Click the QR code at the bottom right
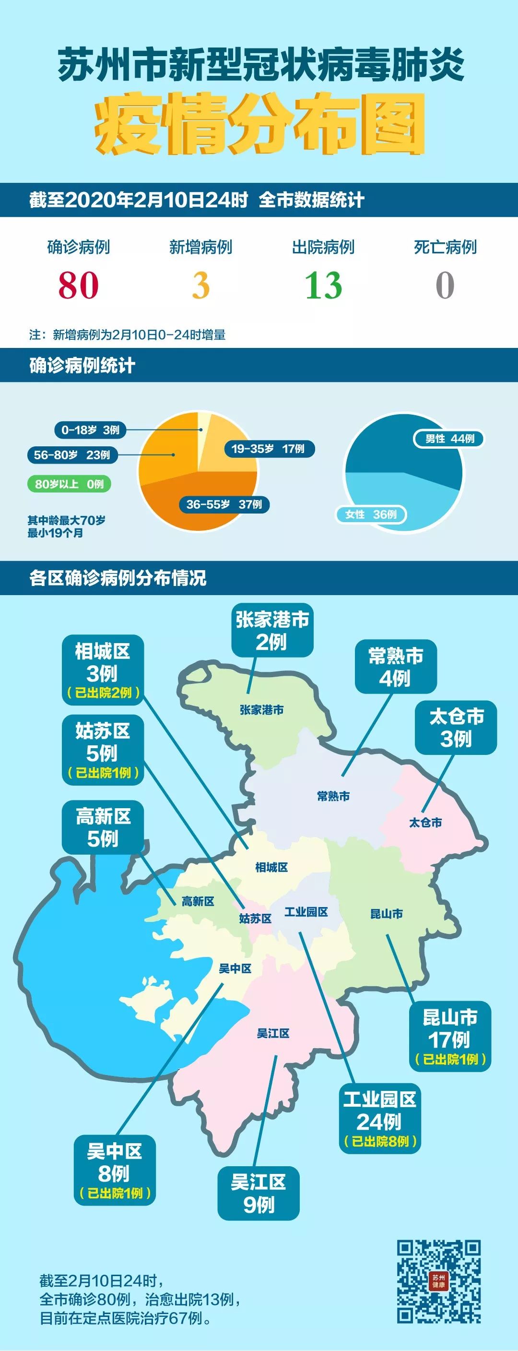click(x=438, y=1281)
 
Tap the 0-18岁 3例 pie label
click(x=90, y=430)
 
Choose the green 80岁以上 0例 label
click(x=69, y=484)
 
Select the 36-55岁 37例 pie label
click(x=224, y=504)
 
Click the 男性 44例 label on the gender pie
click(x=449, y=439)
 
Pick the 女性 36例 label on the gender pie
click(x=371, y=514)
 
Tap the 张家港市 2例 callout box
click(x=271, y=631)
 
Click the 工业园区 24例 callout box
click(x=379, y=1118)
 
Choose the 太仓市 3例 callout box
click(x=456, y=728)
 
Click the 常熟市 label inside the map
click(x=333, y=796)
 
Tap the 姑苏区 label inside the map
click(x=255, y=918)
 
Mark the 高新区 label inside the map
click(x=198, y=901)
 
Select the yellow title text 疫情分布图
click(x=259, y=125)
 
